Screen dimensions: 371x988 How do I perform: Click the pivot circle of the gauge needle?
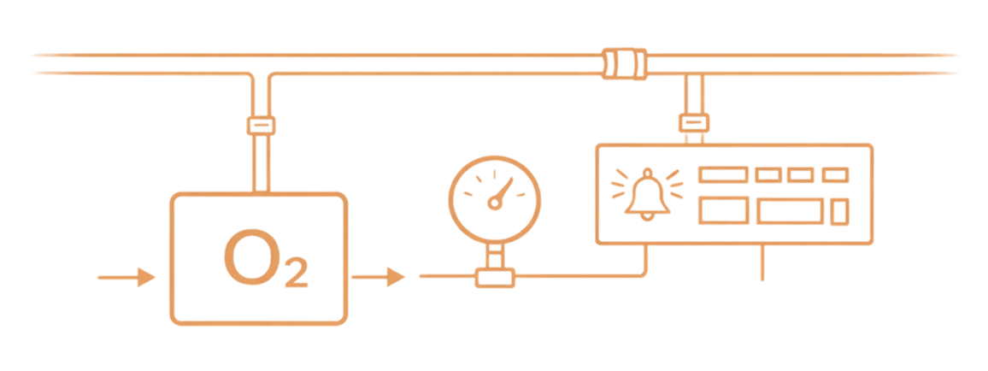coord(493,203)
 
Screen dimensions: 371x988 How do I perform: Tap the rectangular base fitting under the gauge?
coord(495,276)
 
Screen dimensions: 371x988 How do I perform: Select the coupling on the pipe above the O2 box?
coord(261,126)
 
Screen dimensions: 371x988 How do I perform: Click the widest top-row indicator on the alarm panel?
coord(723,174)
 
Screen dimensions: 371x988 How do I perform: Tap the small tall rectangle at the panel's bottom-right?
coord(841,210)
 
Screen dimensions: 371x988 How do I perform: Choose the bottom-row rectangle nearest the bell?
coord(724,210)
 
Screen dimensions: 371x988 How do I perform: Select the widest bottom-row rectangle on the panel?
coord(791,210)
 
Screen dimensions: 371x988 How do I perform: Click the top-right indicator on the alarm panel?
coord(834,174)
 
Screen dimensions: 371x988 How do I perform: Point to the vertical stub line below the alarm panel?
coord(762,263)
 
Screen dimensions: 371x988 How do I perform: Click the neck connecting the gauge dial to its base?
coord(495,253)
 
